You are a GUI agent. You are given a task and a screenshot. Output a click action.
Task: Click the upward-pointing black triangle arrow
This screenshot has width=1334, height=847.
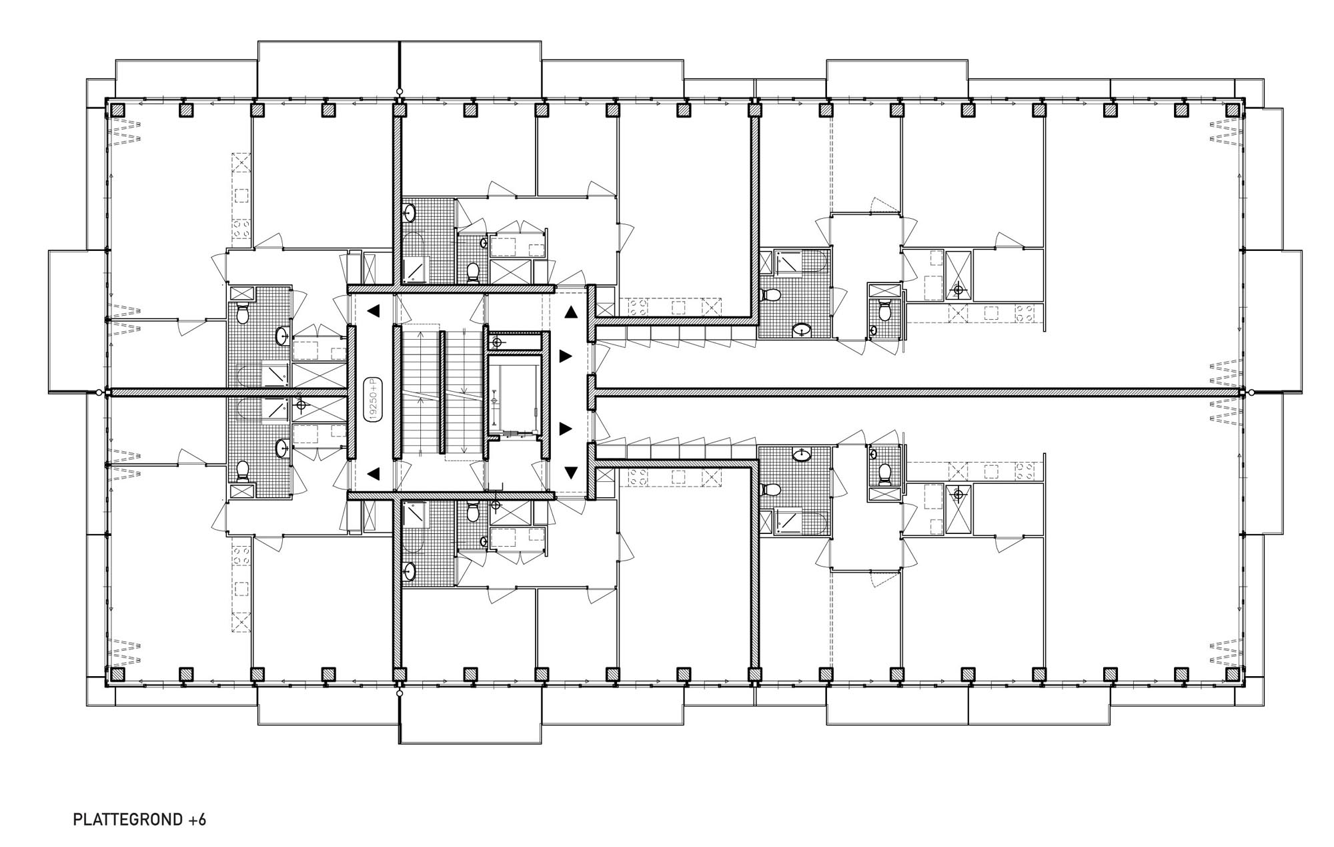click(571, 312)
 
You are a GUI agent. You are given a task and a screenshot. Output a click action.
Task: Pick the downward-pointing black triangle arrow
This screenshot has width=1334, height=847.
click(571, 473)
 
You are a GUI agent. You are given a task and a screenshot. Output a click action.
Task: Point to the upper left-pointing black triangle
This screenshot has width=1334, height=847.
click(373, 310)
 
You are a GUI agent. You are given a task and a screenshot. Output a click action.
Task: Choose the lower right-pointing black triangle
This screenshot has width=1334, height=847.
click(566, 428)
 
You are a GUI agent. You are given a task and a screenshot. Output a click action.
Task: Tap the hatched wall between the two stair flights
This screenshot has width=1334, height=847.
click(441, 392)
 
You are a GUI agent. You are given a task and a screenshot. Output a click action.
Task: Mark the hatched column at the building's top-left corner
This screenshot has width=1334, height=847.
click(119, 109)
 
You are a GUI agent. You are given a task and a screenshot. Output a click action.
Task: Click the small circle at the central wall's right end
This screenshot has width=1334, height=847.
click(1252, 392)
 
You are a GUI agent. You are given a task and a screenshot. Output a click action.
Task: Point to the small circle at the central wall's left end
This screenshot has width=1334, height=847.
click(99, 392)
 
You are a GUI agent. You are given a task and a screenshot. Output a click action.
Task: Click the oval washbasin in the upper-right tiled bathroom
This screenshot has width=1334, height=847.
click(800, 329)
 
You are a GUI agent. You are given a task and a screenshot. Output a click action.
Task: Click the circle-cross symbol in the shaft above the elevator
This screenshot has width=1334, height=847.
click(496, 342)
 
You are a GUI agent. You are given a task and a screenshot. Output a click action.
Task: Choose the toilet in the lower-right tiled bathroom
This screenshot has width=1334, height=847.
click(770, 489)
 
